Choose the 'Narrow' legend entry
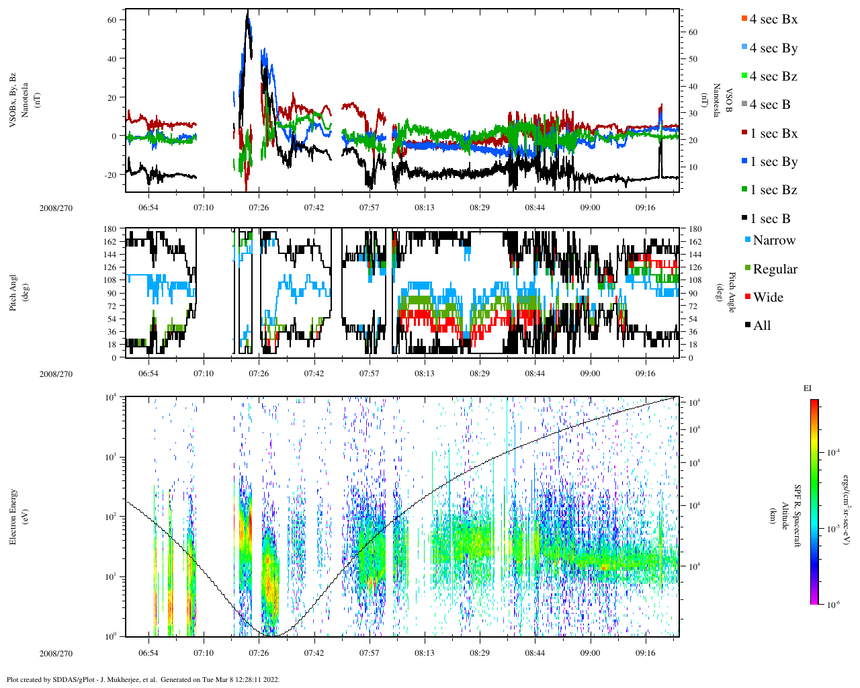tap(773, 241)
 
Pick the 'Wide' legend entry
tap(767, 298)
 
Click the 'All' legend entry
tap(761, 326)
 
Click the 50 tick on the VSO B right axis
tap(693, 59)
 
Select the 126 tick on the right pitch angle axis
tap(695, 267)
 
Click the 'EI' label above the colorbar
tap(808, 388)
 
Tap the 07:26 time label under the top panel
tap(259, 208)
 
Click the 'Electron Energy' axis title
tap(13, 516)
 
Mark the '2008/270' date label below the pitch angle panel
tap(56, 374)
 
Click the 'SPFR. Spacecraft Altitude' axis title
tap(785, 516)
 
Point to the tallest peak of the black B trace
tap(248, 13)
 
